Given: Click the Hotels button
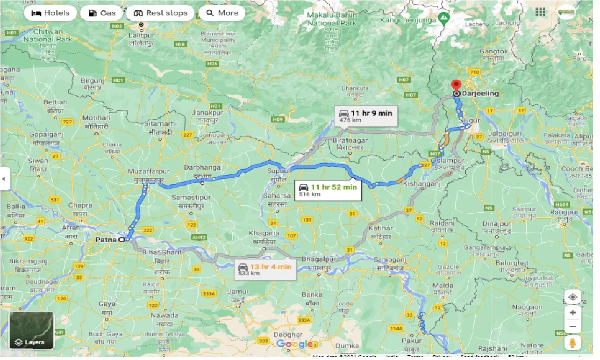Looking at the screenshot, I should [50, 13].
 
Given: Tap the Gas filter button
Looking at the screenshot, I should [101, 13].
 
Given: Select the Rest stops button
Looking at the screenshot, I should [160, 13].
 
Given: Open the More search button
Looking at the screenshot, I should [222, 13].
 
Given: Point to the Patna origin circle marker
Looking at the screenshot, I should [122, 239].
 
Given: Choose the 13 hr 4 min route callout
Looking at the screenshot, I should [265, 269].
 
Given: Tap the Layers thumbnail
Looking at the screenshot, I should [31, 331].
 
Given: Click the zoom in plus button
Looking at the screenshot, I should [572, 312].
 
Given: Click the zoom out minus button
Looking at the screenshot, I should [572, 327].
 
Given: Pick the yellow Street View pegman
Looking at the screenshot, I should [572, 344].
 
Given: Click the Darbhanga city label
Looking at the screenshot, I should [202, 167].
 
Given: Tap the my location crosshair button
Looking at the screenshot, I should [572, 297].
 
